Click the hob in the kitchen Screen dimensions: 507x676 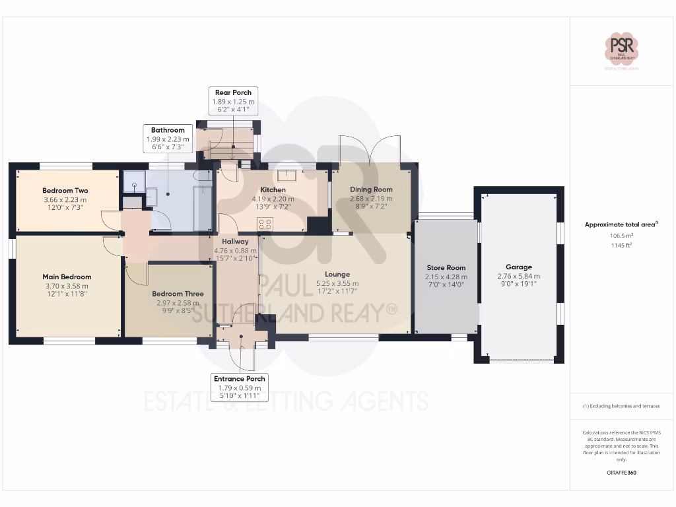(x=265, y=224)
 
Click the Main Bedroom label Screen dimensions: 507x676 (x=67, y=277)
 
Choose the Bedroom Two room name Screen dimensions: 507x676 (x=65, y=191)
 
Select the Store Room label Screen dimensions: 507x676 (x=446, y=267)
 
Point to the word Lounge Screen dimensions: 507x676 (x=337, y=274)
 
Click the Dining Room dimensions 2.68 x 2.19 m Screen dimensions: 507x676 (x=371, y=199)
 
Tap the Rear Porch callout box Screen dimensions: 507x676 (x=233, y=102)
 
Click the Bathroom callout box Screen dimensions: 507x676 (x=168, y=139)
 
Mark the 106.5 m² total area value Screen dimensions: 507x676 (x=621, y=235)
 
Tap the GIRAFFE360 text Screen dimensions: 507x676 (x=621, y=473)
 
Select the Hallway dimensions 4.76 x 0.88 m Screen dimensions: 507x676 (x=235, y=251)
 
